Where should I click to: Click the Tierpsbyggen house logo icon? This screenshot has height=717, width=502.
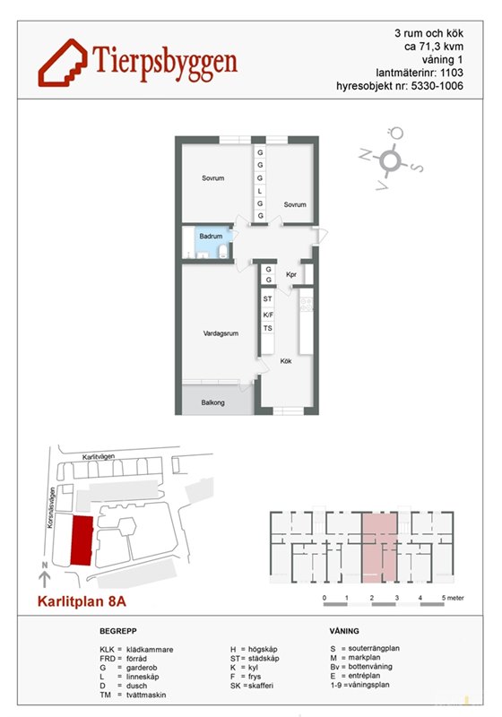pyautogui.click(x=63, y=63)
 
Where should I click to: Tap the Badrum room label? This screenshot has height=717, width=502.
pyautogui.click(x=211, y=237)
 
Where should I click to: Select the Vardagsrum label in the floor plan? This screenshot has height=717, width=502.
pyautogui.click(x=221, y=333)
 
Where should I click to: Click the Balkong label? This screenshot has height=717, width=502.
pyautogui.click(x=212, y=402)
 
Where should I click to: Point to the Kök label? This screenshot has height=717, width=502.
pyautogui.click(x=286, y=361)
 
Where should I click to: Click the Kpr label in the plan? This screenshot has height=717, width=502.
pyautogui.click(x=291, y=274)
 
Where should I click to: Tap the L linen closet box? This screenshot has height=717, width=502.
pyautogui.click(x=260, y=191)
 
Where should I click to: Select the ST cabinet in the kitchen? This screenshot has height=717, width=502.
pyautogui.click(x=267, y=298)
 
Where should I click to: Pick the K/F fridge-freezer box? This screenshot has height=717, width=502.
pyautogui.click(x=268, y=315)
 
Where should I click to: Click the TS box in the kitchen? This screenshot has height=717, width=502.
pyautogui.click(x=267, y=328)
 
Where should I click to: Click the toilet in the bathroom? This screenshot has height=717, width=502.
pyautogui.click(x=223, y=251)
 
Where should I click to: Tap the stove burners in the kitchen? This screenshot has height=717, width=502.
pyautogui.click(x=307, y=304)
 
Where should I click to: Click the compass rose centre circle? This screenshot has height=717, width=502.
pyautogui.click(x=389, y=160)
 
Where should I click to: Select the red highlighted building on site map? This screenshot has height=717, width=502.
pyautogui.click(x=82, y=541)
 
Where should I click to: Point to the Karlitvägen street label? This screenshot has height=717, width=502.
pyautogui.click(x=99, y=456)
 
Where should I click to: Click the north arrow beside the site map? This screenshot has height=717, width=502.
pyautogui.click(x=44, y=575)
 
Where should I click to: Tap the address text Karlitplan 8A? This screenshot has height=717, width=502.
pyautogui.click(x=82, y=600)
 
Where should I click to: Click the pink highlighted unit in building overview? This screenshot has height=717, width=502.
pyautogui.click(x=379, y=548)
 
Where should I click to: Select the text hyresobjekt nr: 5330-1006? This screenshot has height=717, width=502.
pyautogui.click(x=400, y=86)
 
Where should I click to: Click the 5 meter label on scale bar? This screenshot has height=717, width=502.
pyautogui.click(x=452, y=598)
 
